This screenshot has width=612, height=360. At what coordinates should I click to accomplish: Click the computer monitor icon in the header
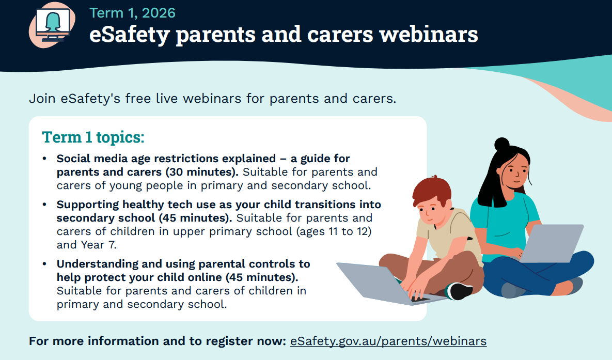pos(52,24)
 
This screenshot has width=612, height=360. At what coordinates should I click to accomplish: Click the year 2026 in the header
pos(159,13)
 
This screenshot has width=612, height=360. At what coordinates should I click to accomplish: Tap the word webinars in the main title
pos(429,35)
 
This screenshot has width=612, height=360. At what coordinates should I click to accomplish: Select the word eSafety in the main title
pos(129,35)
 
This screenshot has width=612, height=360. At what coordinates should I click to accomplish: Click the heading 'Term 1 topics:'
pos(93,137)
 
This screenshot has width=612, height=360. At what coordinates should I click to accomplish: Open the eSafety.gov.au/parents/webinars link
pos(388,341)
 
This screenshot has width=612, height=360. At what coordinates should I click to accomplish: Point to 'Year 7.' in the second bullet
pos(98,245)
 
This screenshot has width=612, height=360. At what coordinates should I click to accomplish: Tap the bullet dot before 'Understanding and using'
pos(44,264)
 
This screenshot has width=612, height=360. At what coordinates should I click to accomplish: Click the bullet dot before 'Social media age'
pos(44,159)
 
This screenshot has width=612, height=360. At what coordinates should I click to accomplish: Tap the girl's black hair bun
pos(502,144)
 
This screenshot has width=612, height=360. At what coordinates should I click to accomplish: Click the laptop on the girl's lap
pos(552,243)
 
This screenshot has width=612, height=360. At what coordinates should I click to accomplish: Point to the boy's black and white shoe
pos(460,291)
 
